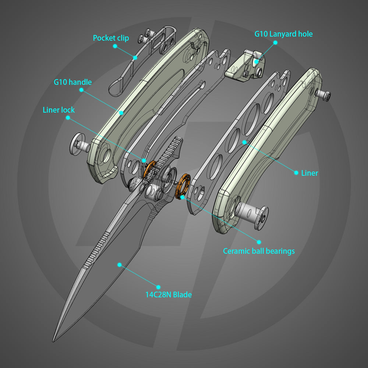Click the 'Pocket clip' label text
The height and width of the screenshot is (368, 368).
(111, 38)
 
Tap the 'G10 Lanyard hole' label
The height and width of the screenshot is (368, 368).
(283, 34)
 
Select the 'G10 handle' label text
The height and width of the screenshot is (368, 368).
(72, 82)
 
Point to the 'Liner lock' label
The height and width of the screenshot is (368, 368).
(59, 110)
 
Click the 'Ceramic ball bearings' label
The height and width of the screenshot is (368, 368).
(259, 251)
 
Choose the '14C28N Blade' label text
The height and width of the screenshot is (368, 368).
(168, 294)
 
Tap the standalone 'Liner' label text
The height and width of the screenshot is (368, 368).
(309, 173)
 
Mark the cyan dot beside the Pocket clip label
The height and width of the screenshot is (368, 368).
(115, 46)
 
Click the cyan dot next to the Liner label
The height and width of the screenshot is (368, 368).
(296, 173)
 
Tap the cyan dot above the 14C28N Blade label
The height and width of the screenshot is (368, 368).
(159, 287)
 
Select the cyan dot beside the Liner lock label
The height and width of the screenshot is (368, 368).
(68, 117)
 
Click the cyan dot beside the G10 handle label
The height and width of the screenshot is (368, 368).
(81, 89)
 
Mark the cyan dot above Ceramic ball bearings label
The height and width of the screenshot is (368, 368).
(259, 242)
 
